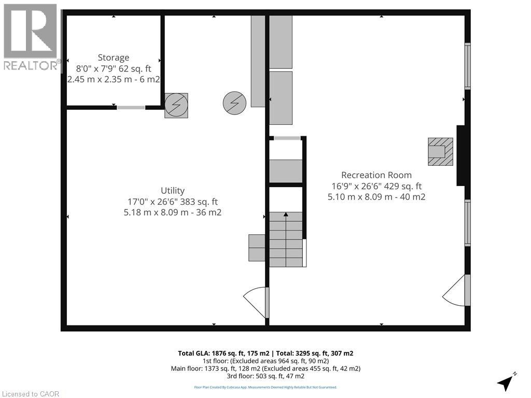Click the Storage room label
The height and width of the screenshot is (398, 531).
click(x=114, y=58)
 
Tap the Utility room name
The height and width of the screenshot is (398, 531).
click(x=173, y=191)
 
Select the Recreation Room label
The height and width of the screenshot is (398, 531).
click(x=376, y=175)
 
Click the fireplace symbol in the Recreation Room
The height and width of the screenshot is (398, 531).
click(x=440, y=151)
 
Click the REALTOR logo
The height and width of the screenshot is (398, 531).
click(x=30, y=36)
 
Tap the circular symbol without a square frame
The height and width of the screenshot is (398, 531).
click(x=234, y=103)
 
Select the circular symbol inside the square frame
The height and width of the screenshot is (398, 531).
click(x=176, y=105)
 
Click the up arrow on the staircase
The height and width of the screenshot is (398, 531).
click(x=286, y=215)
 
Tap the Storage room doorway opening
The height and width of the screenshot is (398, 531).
click(x=131, y=107)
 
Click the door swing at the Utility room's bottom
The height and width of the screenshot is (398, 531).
click(x=256, y=303)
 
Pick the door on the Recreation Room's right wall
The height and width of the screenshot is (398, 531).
click(x=456, y=291)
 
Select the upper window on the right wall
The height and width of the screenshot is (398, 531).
click(x=467, y=66)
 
